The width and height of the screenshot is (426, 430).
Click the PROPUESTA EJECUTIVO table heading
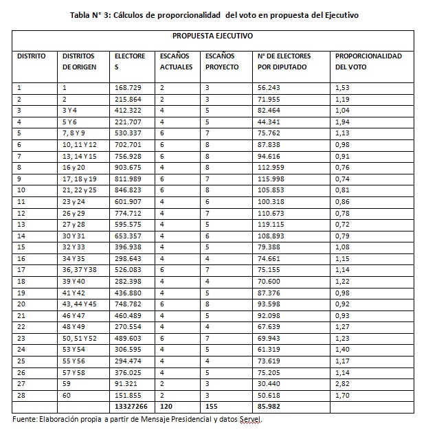(213, 36)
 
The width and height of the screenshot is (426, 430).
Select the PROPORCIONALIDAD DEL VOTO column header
(368, 62)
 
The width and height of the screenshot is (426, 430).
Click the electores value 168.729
(128, 88)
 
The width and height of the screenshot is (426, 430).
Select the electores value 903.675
(128, 168)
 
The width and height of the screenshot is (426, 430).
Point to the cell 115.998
(271, 179)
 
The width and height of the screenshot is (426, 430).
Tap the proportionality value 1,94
(342, 122)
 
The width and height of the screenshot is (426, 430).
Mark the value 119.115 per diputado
(271, 225)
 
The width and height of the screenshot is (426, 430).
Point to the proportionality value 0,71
(342, 179)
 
